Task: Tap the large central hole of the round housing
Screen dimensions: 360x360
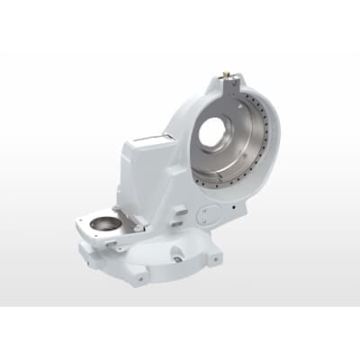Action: [216, 133]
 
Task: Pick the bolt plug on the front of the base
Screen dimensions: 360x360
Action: [178, 258]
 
